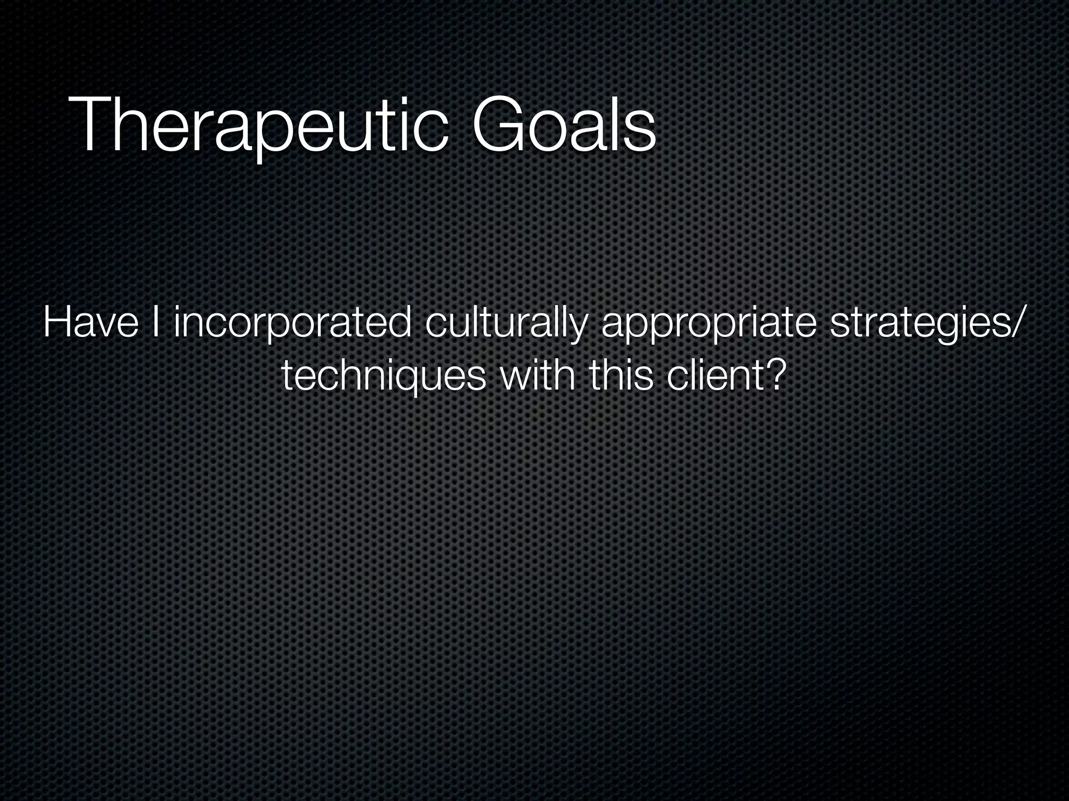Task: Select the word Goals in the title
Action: click(564, 125)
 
